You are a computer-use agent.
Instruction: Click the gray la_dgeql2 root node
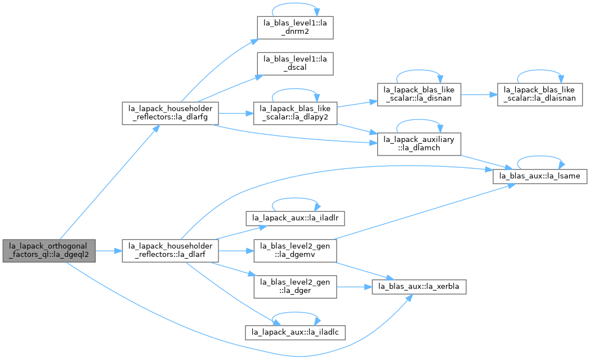(x=49, y=251)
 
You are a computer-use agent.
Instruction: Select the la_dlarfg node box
(x=170, y=113)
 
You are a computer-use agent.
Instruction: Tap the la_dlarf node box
(x=170, y=251)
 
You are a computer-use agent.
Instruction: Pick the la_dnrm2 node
(x=295, y=28)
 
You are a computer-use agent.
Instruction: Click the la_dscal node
(x=295, y=64)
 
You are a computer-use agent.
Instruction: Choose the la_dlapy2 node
(x=295, y=113)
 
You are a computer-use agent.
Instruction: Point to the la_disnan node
(x=419, y=95)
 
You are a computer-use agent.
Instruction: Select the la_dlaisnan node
(x=539, y=95)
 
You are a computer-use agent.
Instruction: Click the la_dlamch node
(x=419, y=144)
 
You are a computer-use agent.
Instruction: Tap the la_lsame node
(x=539, y=176)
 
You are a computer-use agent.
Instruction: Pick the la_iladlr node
(x=295, y=219)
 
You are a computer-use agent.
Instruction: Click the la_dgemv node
(x=295, y=251)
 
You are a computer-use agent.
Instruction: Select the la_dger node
(x=295, y=287)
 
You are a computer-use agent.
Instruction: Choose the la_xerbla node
(x=419, y=287)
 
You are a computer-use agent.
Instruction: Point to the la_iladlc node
(x=295, y=332)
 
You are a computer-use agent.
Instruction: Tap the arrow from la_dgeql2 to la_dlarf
(x=109, y=251)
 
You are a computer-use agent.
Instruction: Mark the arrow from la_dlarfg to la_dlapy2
(x=236, y=113)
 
